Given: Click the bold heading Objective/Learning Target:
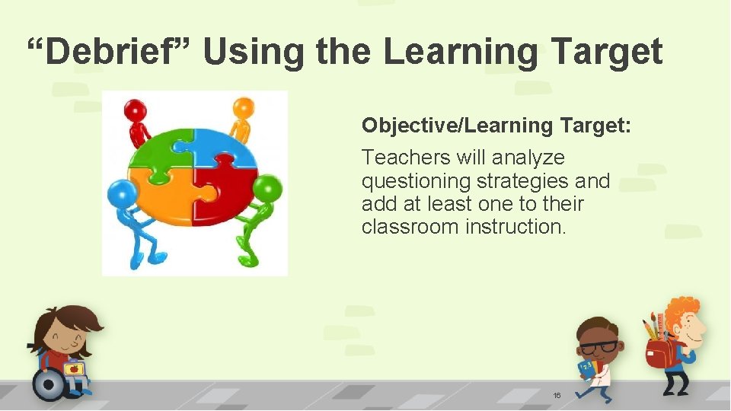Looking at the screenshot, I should (496, 125).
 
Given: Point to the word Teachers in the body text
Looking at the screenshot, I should (406, 158).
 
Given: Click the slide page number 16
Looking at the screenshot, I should (557, 396).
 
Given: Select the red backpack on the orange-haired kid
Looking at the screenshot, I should (659, 352).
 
